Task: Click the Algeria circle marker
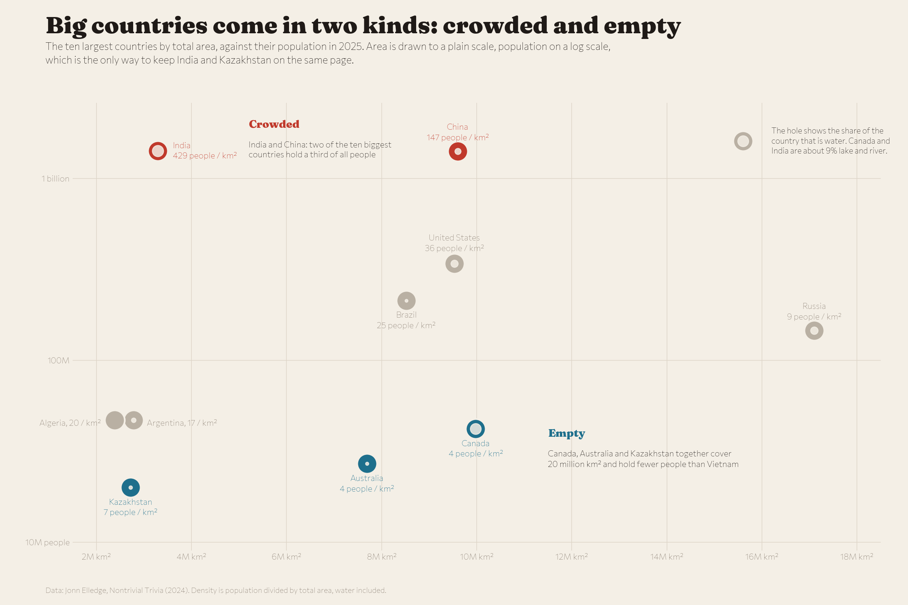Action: [x=115, y=420]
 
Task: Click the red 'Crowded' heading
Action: [x=274, y=124]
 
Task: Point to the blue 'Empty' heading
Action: [x=567, y=434]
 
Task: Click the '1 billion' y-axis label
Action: [x=56, y=178]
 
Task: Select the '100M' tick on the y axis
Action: [x=59, y=360]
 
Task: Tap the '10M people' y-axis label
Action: [x=48, y=543]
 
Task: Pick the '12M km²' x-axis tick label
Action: [x=571, y=556]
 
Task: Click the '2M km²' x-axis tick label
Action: [x=96, y=556]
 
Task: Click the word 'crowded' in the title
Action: [x=495, y=25]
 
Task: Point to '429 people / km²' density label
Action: [x=205, y=155]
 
